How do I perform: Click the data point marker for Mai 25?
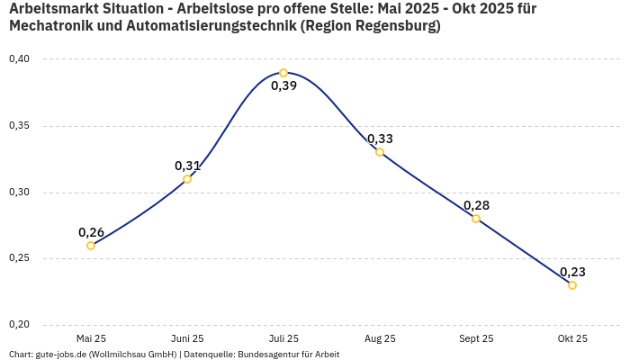91,246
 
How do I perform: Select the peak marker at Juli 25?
283,73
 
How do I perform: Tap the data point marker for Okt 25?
572,285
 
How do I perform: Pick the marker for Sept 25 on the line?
476,219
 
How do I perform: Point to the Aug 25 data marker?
380,152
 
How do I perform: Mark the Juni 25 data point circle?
187,179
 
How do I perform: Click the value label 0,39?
283,86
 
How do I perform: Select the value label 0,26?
91,232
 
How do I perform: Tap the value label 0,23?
572,272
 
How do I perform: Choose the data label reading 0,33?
380,139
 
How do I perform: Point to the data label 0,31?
187,166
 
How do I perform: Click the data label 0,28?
476,205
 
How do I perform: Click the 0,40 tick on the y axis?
19,59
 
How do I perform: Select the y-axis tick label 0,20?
19,325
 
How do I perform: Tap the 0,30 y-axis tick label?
19,193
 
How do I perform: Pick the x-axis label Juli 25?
283,339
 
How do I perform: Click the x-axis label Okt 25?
572,339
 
